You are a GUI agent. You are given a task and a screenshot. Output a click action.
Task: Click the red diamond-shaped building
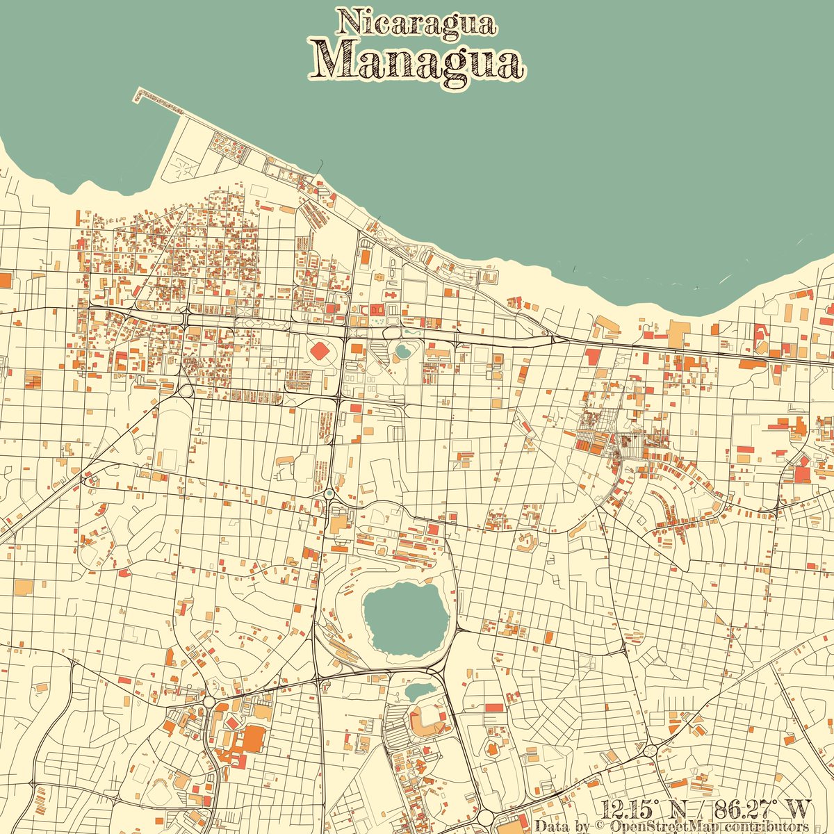(321, 351)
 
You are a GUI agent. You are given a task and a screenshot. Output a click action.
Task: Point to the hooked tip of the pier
(138, 94)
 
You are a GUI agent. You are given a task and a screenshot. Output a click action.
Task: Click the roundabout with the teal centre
(328, 493)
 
